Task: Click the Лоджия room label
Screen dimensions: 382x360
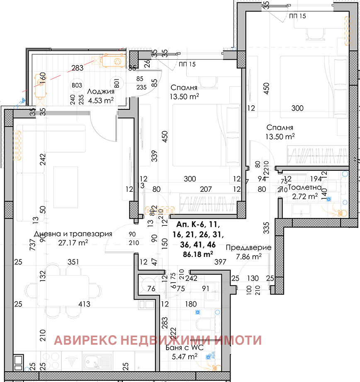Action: coord(99,90)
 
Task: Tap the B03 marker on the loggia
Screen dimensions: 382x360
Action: coord(76,85)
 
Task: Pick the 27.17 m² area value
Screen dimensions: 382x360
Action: coord(73,243)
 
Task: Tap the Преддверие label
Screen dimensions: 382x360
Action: coord(248,248)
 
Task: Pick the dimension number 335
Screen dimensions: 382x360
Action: coord(267,227)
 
